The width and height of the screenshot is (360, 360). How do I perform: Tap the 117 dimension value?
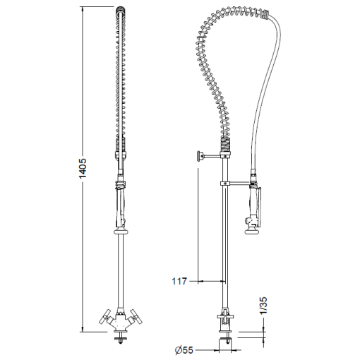tap(179, 281)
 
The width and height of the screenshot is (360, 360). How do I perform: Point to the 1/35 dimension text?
tap(263, 306)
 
